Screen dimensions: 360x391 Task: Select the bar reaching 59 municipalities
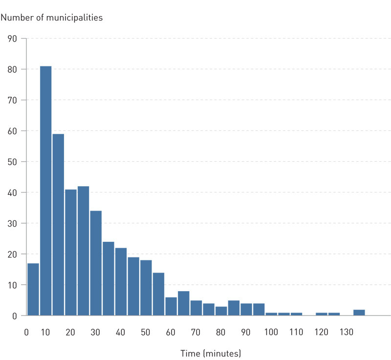click(58, 225)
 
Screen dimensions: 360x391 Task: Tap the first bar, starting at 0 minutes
click(33, 289)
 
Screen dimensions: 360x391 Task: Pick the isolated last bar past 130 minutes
click(359, 312)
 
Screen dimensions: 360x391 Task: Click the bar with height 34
click(96, 263)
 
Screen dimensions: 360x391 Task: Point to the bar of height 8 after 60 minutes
click(183, 303)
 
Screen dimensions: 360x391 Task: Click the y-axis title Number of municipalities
click(52, 18)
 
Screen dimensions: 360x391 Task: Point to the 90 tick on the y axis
click(13, 39)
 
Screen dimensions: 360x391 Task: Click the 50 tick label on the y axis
click(13, 162)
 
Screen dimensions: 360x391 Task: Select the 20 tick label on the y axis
click(13, 254)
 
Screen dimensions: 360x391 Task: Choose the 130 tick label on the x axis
click(346, 332)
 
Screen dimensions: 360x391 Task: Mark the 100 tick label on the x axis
click(271, 332)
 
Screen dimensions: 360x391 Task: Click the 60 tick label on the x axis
click(171, 332)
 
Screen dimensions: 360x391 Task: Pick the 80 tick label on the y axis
click(13, 69)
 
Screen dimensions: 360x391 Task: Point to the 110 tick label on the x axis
click(296, 332)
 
